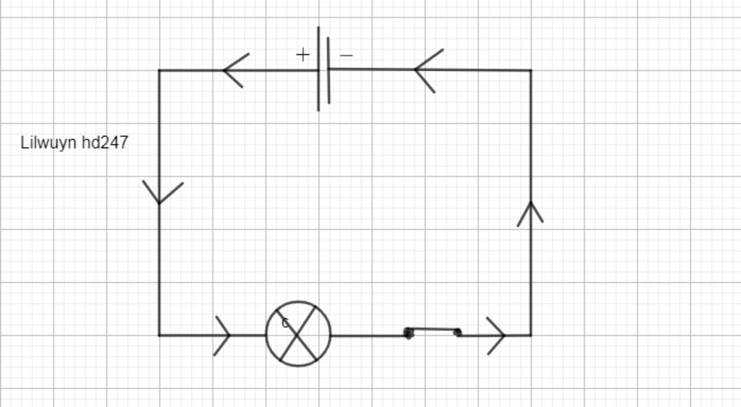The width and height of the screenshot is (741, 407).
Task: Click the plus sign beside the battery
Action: [x=302, y=55]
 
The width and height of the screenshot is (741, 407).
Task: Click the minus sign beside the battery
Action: [x=347, y=55]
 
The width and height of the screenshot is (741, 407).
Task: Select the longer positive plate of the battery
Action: [x=318, y=69]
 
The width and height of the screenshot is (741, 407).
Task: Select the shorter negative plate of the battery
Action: [x=329, y=70]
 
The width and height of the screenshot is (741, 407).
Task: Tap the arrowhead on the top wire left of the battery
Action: [x=236, y=70]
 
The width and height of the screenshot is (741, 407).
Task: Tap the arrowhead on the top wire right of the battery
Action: [x=428, y=70]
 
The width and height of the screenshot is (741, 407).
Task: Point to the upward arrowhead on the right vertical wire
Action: [x=530, y=214]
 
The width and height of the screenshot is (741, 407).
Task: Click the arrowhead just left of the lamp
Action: [x=222, y=335]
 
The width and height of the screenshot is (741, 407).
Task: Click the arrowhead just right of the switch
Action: [x=496, y=335]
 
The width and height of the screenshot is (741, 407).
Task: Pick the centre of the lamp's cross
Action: [x=297, y=334]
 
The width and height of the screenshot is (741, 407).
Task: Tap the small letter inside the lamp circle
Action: [x=285, y=323]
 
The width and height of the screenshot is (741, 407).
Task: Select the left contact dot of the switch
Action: [x=409, y=333]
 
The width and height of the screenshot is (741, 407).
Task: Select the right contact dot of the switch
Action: [x=457, y=333]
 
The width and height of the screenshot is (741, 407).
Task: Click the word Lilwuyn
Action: [x=48, y=143]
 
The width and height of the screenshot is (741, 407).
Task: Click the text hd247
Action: [x=105, y=142]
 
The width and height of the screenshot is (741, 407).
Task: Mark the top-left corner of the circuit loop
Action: [x=159, y=70]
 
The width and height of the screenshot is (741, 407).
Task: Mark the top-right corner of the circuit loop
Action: [x=531, y=70]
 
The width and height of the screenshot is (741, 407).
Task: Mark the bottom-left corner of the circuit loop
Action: [x=159, y=335]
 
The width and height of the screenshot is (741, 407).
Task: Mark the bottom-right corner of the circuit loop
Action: [x=531, y=335]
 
